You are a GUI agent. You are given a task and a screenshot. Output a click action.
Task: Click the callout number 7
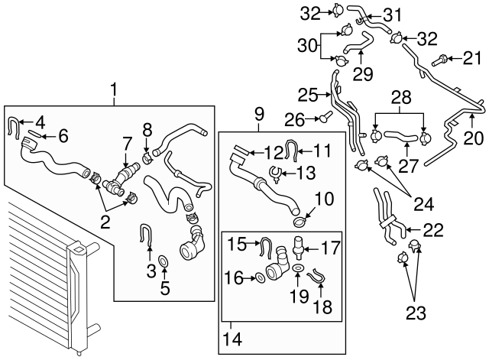[127, 144]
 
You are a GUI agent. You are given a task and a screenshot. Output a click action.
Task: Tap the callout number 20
[473, 138]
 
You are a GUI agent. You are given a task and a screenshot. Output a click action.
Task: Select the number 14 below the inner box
[232, 339]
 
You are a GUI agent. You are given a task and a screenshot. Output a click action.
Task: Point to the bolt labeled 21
[440, 60]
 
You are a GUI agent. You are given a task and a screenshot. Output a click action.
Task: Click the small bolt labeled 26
[324, 118]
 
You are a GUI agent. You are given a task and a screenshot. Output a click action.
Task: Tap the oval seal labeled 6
[34, 135]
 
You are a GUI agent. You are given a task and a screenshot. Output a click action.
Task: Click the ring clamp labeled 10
[300, 222]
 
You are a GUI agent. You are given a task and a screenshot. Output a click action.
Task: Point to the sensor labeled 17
[299, 248]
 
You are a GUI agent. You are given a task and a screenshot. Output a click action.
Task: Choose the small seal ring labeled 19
[297, 268]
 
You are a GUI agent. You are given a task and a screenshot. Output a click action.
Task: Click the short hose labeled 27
[400, 137]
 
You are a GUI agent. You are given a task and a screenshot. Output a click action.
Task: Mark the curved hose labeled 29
[358, 44]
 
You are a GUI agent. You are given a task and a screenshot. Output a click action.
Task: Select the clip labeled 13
[276, 174]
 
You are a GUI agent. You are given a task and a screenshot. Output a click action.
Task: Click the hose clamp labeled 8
[147, 158]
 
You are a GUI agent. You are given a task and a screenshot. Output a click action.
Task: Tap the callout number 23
[416, 312]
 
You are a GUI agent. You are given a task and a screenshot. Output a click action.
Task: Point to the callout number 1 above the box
[114, 89]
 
